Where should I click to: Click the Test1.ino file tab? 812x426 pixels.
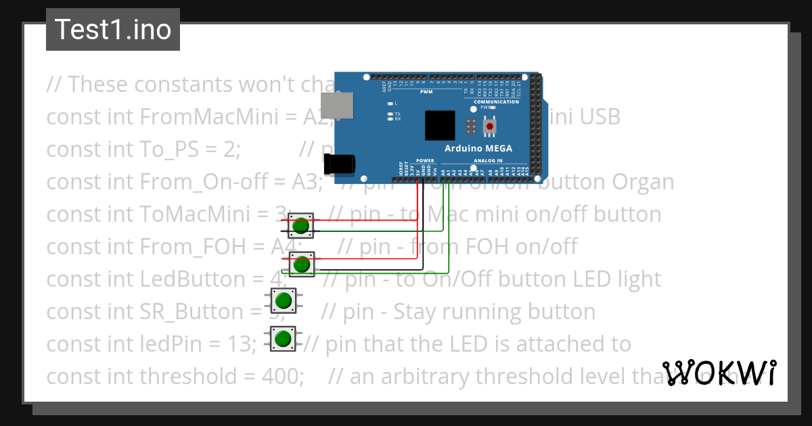point(112,30)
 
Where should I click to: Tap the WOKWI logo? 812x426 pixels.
point(719,373)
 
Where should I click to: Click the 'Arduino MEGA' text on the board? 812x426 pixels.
point(478,149)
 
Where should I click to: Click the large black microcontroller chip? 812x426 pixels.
point(440,126)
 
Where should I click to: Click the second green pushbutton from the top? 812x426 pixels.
point(302,264)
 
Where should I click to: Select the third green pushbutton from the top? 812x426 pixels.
point(284,300)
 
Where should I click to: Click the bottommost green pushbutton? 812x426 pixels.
point(283,338)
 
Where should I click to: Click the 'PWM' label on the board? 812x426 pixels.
point(426,91)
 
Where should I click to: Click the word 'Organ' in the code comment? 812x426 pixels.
point(643,182)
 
